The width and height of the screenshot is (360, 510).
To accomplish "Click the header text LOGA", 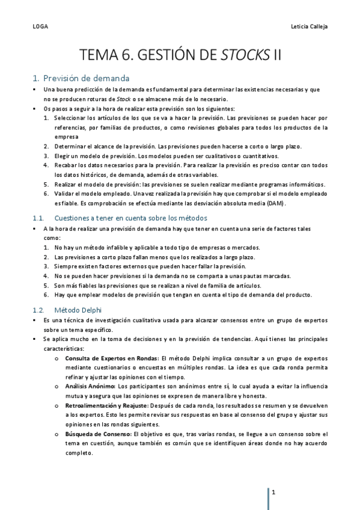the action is point(40,27).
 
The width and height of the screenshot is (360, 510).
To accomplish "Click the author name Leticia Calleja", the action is point(308,27).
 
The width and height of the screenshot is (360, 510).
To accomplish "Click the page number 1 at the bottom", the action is point(274,493).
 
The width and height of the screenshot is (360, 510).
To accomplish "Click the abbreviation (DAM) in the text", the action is point(275,203).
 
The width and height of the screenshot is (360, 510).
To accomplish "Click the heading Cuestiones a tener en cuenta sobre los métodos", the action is point(130,218).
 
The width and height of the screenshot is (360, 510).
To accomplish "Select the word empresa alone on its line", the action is point(66,137).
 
